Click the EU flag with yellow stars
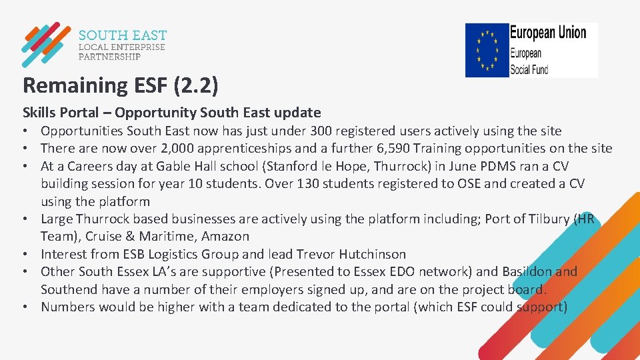click(487, 50)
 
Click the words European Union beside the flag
click(548, 33)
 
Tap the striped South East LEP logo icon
click(45, 45)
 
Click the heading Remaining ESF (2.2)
click(120, 85)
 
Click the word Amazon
click(225, 236)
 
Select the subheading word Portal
click(85, 113)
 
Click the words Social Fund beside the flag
click(529, 68)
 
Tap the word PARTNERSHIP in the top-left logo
click(109, 57)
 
